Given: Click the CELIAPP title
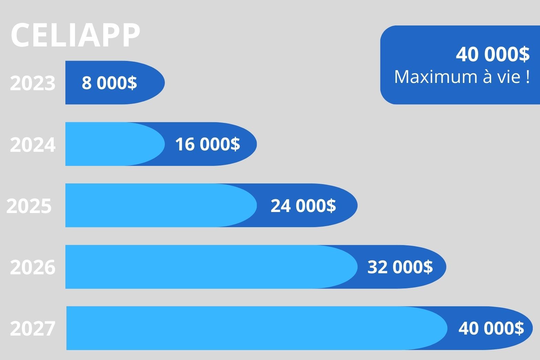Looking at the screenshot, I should (75, 35).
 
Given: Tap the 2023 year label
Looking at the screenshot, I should (33, 83).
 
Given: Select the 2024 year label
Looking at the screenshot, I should (33, 145).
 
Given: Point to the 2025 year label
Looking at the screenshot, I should (29, 206).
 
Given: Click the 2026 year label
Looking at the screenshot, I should (33, 267).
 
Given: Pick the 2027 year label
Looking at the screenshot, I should (33, 328).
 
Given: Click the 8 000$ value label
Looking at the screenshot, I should (109, 83).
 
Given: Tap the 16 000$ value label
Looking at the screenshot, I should (208, 144).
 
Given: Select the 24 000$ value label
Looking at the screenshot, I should (303, 205).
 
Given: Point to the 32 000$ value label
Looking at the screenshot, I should (400, 267).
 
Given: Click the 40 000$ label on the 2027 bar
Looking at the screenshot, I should (491, 328).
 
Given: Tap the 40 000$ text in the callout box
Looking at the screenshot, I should (493, 54).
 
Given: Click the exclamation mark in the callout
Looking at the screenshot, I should (528, 77).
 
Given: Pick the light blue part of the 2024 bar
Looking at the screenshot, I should (110, 144).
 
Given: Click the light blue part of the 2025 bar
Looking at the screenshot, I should (155, 205).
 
